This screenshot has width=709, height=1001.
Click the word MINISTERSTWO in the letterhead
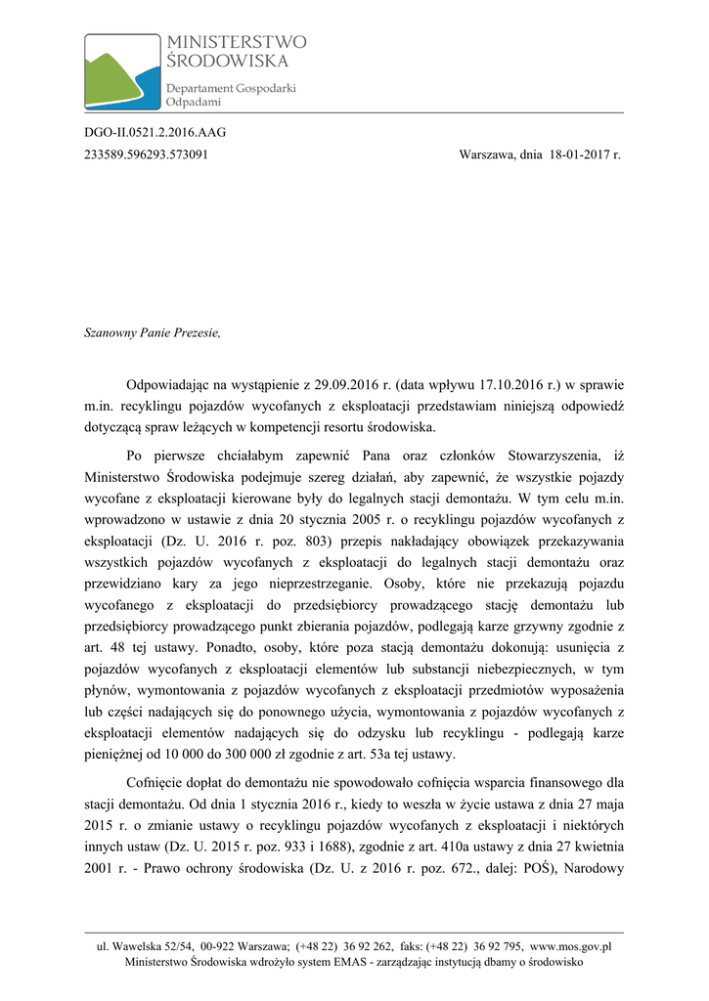click(x=237, y=42)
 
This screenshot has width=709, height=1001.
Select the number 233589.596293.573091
click(x=146, y=154)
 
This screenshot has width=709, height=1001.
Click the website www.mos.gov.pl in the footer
click(x=571, y=946)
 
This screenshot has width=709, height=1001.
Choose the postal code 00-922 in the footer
click(x=217, y=946)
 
